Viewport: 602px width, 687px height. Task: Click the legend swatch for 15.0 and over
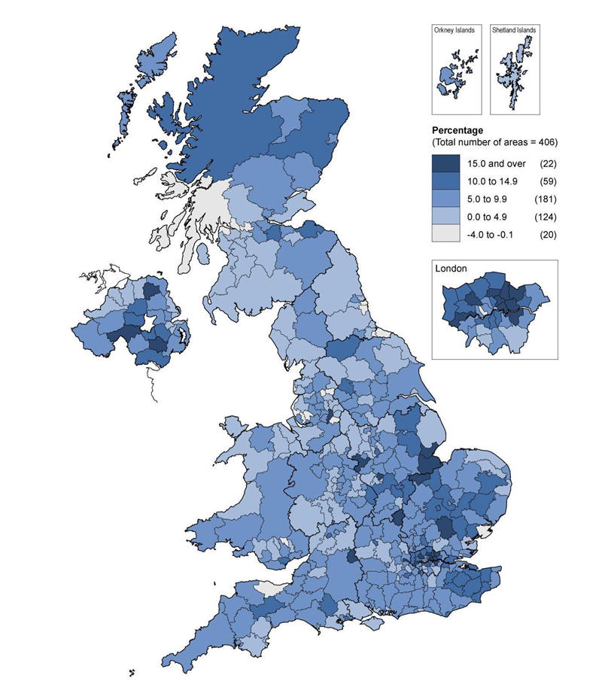(445, 163)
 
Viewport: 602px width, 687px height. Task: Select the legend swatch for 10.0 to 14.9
(445, 181)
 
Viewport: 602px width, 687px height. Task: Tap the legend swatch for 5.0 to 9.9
(445, 199)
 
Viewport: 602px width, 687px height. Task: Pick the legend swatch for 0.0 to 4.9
(445, 217)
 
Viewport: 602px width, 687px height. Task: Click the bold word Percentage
(458, 130)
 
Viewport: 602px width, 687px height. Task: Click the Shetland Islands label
(514, 30)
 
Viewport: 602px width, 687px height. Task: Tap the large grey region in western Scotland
(203, 214)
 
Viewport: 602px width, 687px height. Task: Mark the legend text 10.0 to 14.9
(491, 182)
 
